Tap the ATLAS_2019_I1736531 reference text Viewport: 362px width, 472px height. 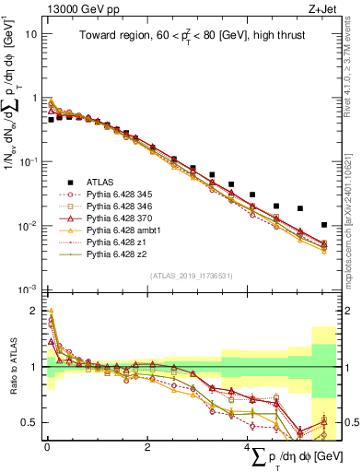[191, 276]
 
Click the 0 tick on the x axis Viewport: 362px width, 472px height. [46, 447]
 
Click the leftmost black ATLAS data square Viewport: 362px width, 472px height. [51, 120]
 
